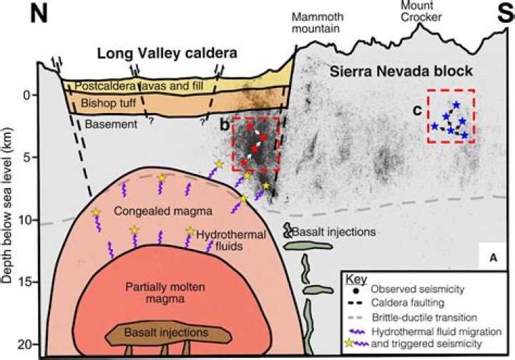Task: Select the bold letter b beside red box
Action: coord(224,125)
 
